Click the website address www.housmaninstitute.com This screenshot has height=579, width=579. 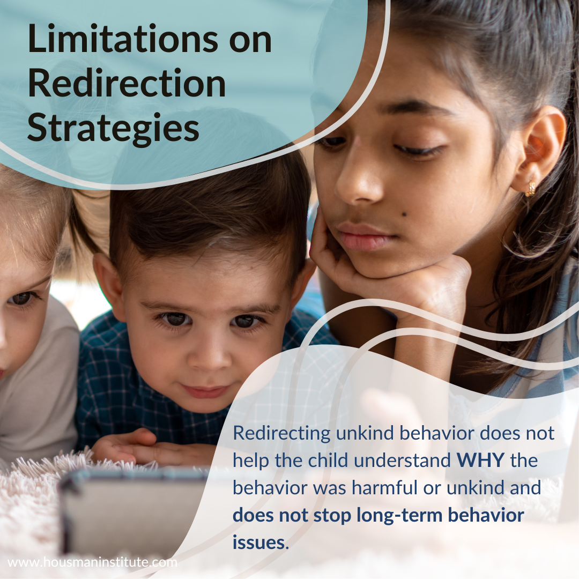tap(92, 562)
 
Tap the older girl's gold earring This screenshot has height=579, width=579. tap(530, 189)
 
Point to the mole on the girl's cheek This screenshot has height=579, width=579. tap(404, 214)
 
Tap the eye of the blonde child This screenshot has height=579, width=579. tap(21, 299)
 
